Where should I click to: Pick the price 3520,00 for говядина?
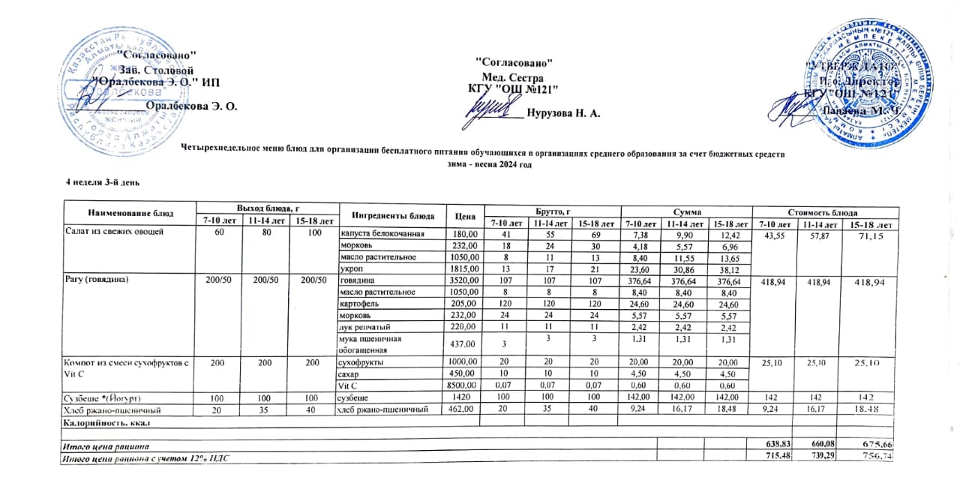[460, 280]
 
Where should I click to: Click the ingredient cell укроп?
[352, 268]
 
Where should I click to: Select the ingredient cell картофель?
[359, 304]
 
